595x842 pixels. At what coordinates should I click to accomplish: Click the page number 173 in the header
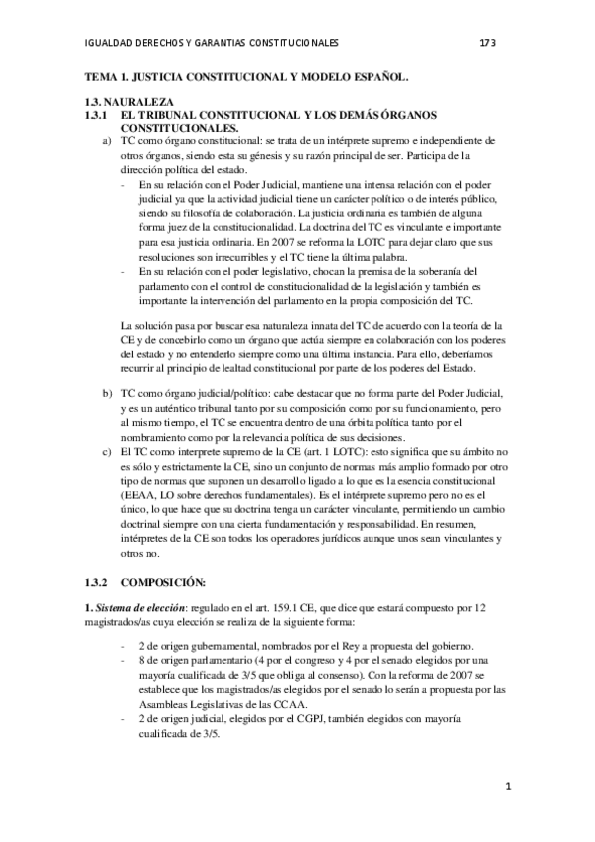[x=487, y=43]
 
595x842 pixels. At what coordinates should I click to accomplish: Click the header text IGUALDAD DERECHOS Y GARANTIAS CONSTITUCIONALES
[x=214, y=43]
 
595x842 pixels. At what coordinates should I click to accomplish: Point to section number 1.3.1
[x=97, y=115]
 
